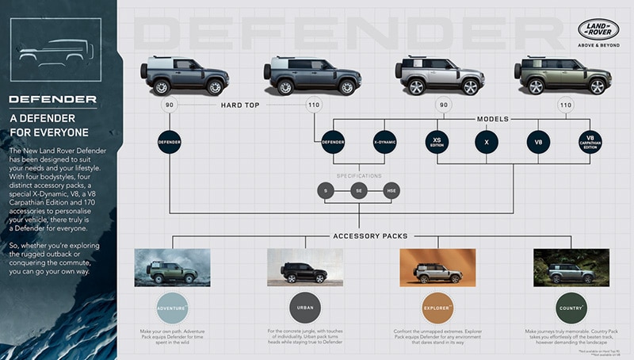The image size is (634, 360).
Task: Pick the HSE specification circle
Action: [x=391, y=190]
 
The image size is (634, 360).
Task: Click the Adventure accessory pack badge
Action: [x=172, y=307]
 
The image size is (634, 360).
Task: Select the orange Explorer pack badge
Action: [x=437, y=307]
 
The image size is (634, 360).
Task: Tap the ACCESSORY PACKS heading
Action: [x=360, y=236]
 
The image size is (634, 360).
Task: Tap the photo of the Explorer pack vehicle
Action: [x=437, y=267]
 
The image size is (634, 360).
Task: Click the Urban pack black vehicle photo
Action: [x=304, y=267]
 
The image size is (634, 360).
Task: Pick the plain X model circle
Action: [x=487, y=142]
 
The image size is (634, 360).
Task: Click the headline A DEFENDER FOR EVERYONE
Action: [x=49, y=124]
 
